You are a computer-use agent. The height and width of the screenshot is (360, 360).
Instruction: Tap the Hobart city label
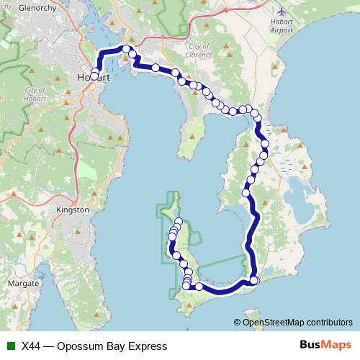(93, 77)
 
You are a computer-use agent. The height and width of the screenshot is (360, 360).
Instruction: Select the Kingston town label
(72, 210)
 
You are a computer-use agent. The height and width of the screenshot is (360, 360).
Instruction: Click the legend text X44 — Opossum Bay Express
(94, 346)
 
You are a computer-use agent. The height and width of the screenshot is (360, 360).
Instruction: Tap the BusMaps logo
(324, 346)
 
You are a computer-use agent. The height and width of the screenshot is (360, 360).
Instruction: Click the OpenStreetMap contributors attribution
(297, 322)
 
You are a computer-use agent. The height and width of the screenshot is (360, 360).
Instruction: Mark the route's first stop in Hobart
(94, 76)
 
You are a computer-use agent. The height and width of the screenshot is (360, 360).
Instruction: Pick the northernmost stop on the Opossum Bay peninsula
(179, 221)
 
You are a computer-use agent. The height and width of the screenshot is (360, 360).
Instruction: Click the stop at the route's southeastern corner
(254, 281)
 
